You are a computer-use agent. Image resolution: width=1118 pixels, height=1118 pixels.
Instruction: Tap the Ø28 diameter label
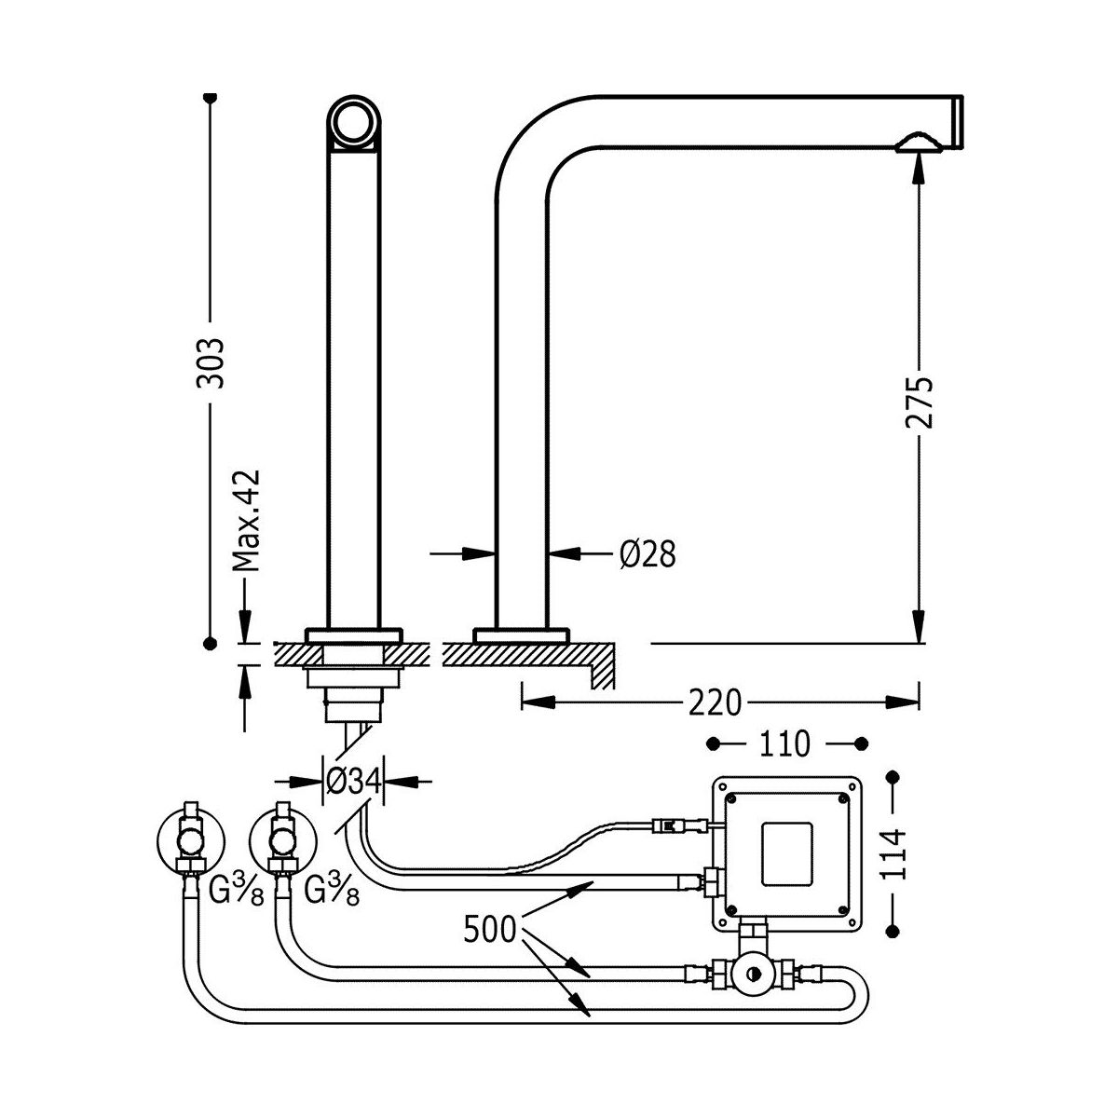(647, 554)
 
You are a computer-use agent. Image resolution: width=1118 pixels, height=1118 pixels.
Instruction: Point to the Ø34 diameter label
(354, 781)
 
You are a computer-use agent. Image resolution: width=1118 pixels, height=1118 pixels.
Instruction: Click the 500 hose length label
(490, 930)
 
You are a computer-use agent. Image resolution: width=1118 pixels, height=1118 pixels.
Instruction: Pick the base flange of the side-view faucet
(521, 635)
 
